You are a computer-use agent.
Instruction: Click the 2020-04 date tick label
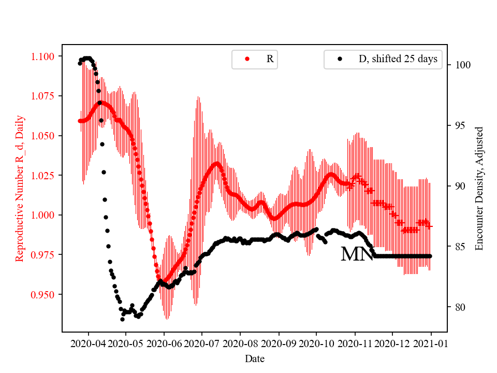88,343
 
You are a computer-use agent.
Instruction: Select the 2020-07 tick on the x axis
202,343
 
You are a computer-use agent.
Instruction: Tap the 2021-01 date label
431,343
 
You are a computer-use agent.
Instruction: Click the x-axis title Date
255,358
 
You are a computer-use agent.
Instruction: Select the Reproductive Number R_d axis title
20,188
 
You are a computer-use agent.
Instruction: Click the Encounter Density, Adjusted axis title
479,188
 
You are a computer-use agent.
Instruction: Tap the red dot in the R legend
247,59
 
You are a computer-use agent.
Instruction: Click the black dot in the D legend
340,59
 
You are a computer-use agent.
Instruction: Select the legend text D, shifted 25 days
398,59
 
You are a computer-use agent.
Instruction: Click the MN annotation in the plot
357,254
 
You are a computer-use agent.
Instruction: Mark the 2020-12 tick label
392,343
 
